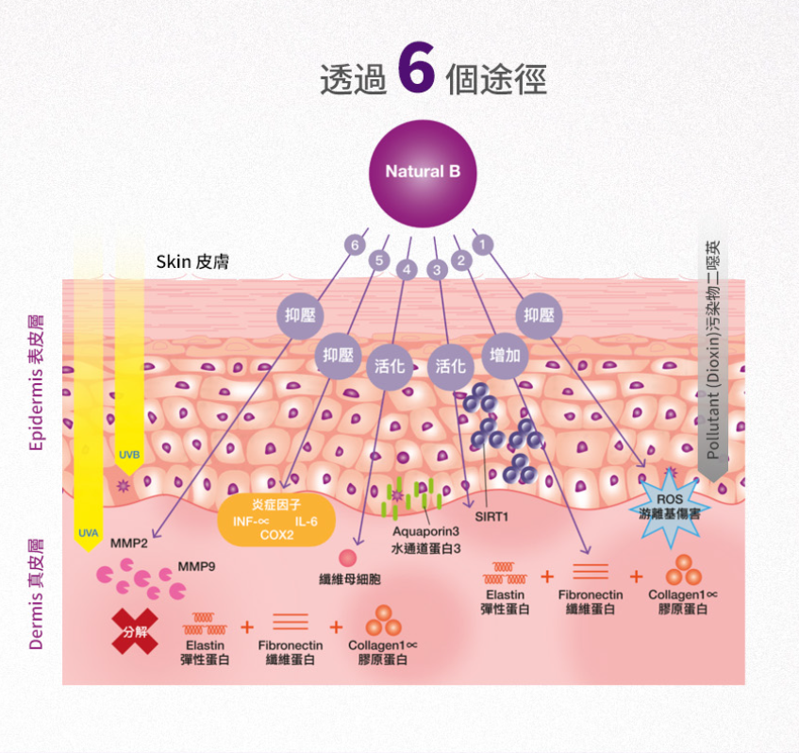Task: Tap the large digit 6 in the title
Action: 416,68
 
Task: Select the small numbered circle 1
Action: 483,245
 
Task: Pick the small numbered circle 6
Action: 355,245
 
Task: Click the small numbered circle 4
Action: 407,270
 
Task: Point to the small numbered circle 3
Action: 437,270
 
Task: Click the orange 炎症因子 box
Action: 276,520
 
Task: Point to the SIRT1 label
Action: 491,516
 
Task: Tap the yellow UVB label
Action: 129,456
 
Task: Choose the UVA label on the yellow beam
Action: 88,533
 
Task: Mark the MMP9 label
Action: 196,569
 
